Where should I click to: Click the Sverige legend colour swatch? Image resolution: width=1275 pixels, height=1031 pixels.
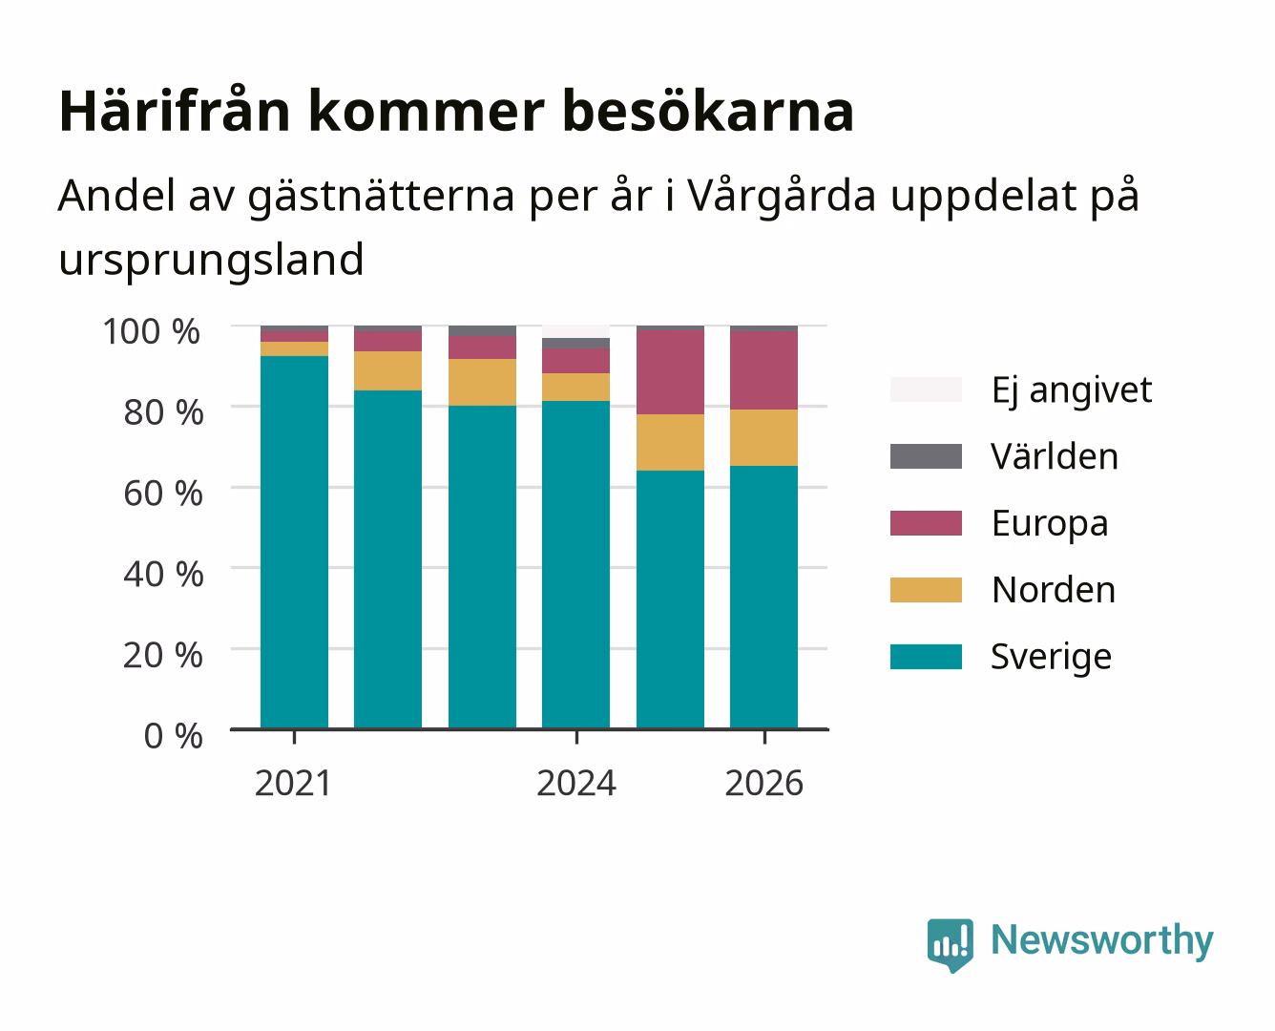pyautogui.click(x=926, y=656)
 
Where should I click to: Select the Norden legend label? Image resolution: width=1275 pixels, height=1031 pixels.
pyautogui.click(x=1054, y=590)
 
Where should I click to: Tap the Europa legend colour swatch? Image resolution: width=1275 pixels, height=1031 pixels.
pyautogui.click(x=926, y=523)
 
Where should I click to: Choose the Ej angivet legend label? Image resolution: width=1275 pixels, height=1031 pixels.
pyautogui.click(x=1072, y=391)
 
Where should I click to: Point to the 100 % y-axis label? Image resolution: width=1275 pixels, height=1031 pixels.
pyautogui.click(x=151, y=331)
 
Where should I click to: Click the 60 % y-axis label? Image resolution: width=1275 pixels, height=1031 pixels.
pyautogui.click(x=163, y=494)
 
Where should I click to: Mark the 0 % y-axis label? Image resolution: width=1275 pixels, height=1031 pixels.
pyautogui.click(x=173, y=735)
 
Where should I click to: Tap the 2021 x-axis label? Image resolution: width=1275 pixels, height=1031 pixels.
pyautogui.click(x=293, y=783)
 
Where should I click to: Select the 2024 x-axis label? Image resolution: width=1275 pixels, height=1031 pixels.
pyautogui.click(x=576, y=783)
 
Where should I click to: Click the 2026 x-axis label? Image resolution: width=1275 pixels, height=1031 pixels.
pyautogui.click(x=763, y=783)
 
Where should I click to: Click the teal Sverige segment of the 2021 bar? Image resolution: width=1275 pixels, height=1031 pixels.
pyautogui.click(x=294, y=542)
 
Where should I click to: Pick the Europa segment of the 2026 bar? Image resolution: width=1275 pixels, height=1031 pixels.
pyautogui.click(x=763, y=370)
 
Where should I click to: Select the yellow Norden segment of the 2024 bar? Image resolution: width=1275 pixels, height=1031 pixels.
pyautogui.click(x=575, y=387)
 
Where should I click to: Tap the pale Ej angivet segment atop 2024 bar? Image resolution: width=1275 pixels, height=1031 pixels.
pyautogui.click(x=575, y=331)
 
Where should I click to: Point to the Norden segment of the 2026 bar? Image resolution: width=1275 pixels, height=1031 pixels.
pyautogui.click(x=763, y=437)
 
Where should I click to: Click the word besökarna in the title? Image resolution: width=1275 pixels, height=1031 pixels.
pyautogui.click(x=708, y=112)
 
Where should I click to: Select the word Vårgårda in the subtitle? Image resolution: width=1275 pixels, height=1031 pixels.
pyautogui.click(x=782, y=196)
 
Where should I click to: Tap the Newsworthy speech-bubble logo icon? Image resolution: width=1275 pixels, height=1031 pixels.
pyautogui.click(x=950, y=945)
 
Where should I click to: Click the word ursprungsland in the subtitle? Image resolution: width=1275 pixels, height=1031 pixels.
pyautogui.click(x=211, y=261)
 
